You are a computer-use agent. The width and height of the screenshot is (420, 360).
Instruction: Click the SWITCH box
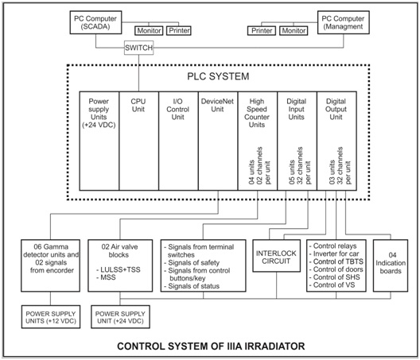tap(138, 48)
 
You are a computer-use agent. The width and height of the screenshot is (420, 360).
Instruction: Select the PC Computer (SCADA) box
tap(95, 22)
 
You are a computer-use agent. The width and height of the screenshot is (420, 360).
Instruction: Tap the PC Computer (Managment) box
tap(344, 22)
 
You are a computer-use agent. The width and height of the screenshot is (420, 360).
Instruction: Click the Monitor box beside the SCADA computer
tap(149, 31)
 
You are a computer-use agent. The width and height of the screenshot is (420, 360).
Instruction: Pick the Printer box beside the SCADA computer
tap(179, 31)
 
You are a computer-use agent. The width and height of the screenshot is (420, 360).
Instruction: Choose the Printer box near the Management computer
tap(262, 31)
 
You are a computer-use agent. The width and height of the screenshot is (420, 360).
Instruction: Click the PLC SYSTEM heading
tap(218, 76)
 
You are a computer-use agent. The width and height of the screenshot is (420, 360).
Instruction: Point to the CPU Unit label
tap(138, 105)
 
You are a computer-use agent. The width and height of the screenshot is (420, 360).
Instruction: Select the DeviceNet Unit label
tap(217, 105)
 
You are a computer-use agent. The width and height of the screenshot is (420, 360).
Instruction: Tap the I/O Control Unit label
tap(177, 109)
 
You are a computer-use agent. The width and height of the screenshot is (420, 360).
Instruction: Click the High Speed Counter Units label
tap(257, 113)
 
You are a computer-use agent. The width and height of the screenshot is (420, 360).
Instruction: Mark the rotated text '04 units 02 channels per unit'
tap(259, 165)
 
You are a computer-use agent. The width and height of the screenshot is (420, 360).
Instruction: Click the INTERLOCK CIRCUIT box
tap(277, 256)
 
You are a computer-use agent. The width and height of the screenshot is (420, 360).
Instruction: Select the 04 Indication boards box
tap(391, 265)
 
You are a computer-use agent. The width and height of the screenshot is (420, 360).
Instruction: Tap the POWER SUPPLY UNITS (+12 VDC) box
tap(51, 317)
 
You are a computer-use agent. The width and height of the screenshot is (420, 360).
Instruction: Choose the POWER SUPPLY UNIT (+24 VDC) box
tap(120, 317)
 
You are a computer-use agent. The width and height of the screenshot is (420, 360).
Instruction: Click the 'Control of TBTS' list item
tap(336, 261)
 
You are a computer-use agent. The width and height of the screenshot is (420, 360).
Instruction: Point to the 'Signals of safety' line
tap(192, 263)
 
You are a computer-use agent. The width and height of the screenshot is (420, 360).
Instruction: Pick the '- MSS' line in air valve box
tap(106, 277)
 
